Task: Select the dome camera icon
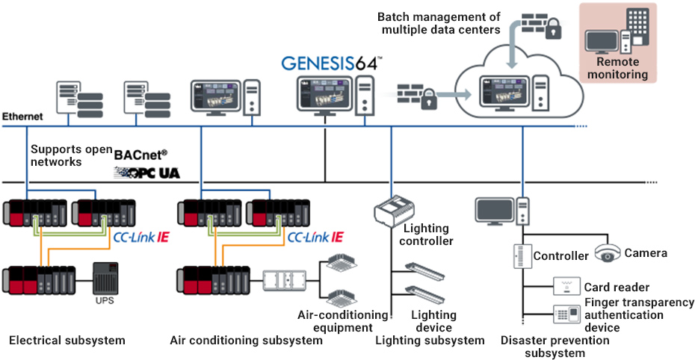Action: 608,253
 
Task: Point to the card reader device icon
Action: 566,287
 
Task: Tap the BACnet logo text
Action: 140,155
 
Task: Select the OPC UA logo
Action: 146,173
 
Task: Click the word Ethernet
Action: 22,117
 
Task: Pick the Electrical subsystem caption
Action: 67,341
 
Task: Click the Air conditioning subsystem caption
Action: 246,341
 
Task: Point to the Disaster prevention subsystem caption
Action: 555,347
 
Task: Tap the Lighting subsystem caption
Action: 430,341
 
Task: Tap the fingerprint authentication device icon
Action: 566,314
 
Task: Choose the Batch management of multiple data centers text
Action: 439,23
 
